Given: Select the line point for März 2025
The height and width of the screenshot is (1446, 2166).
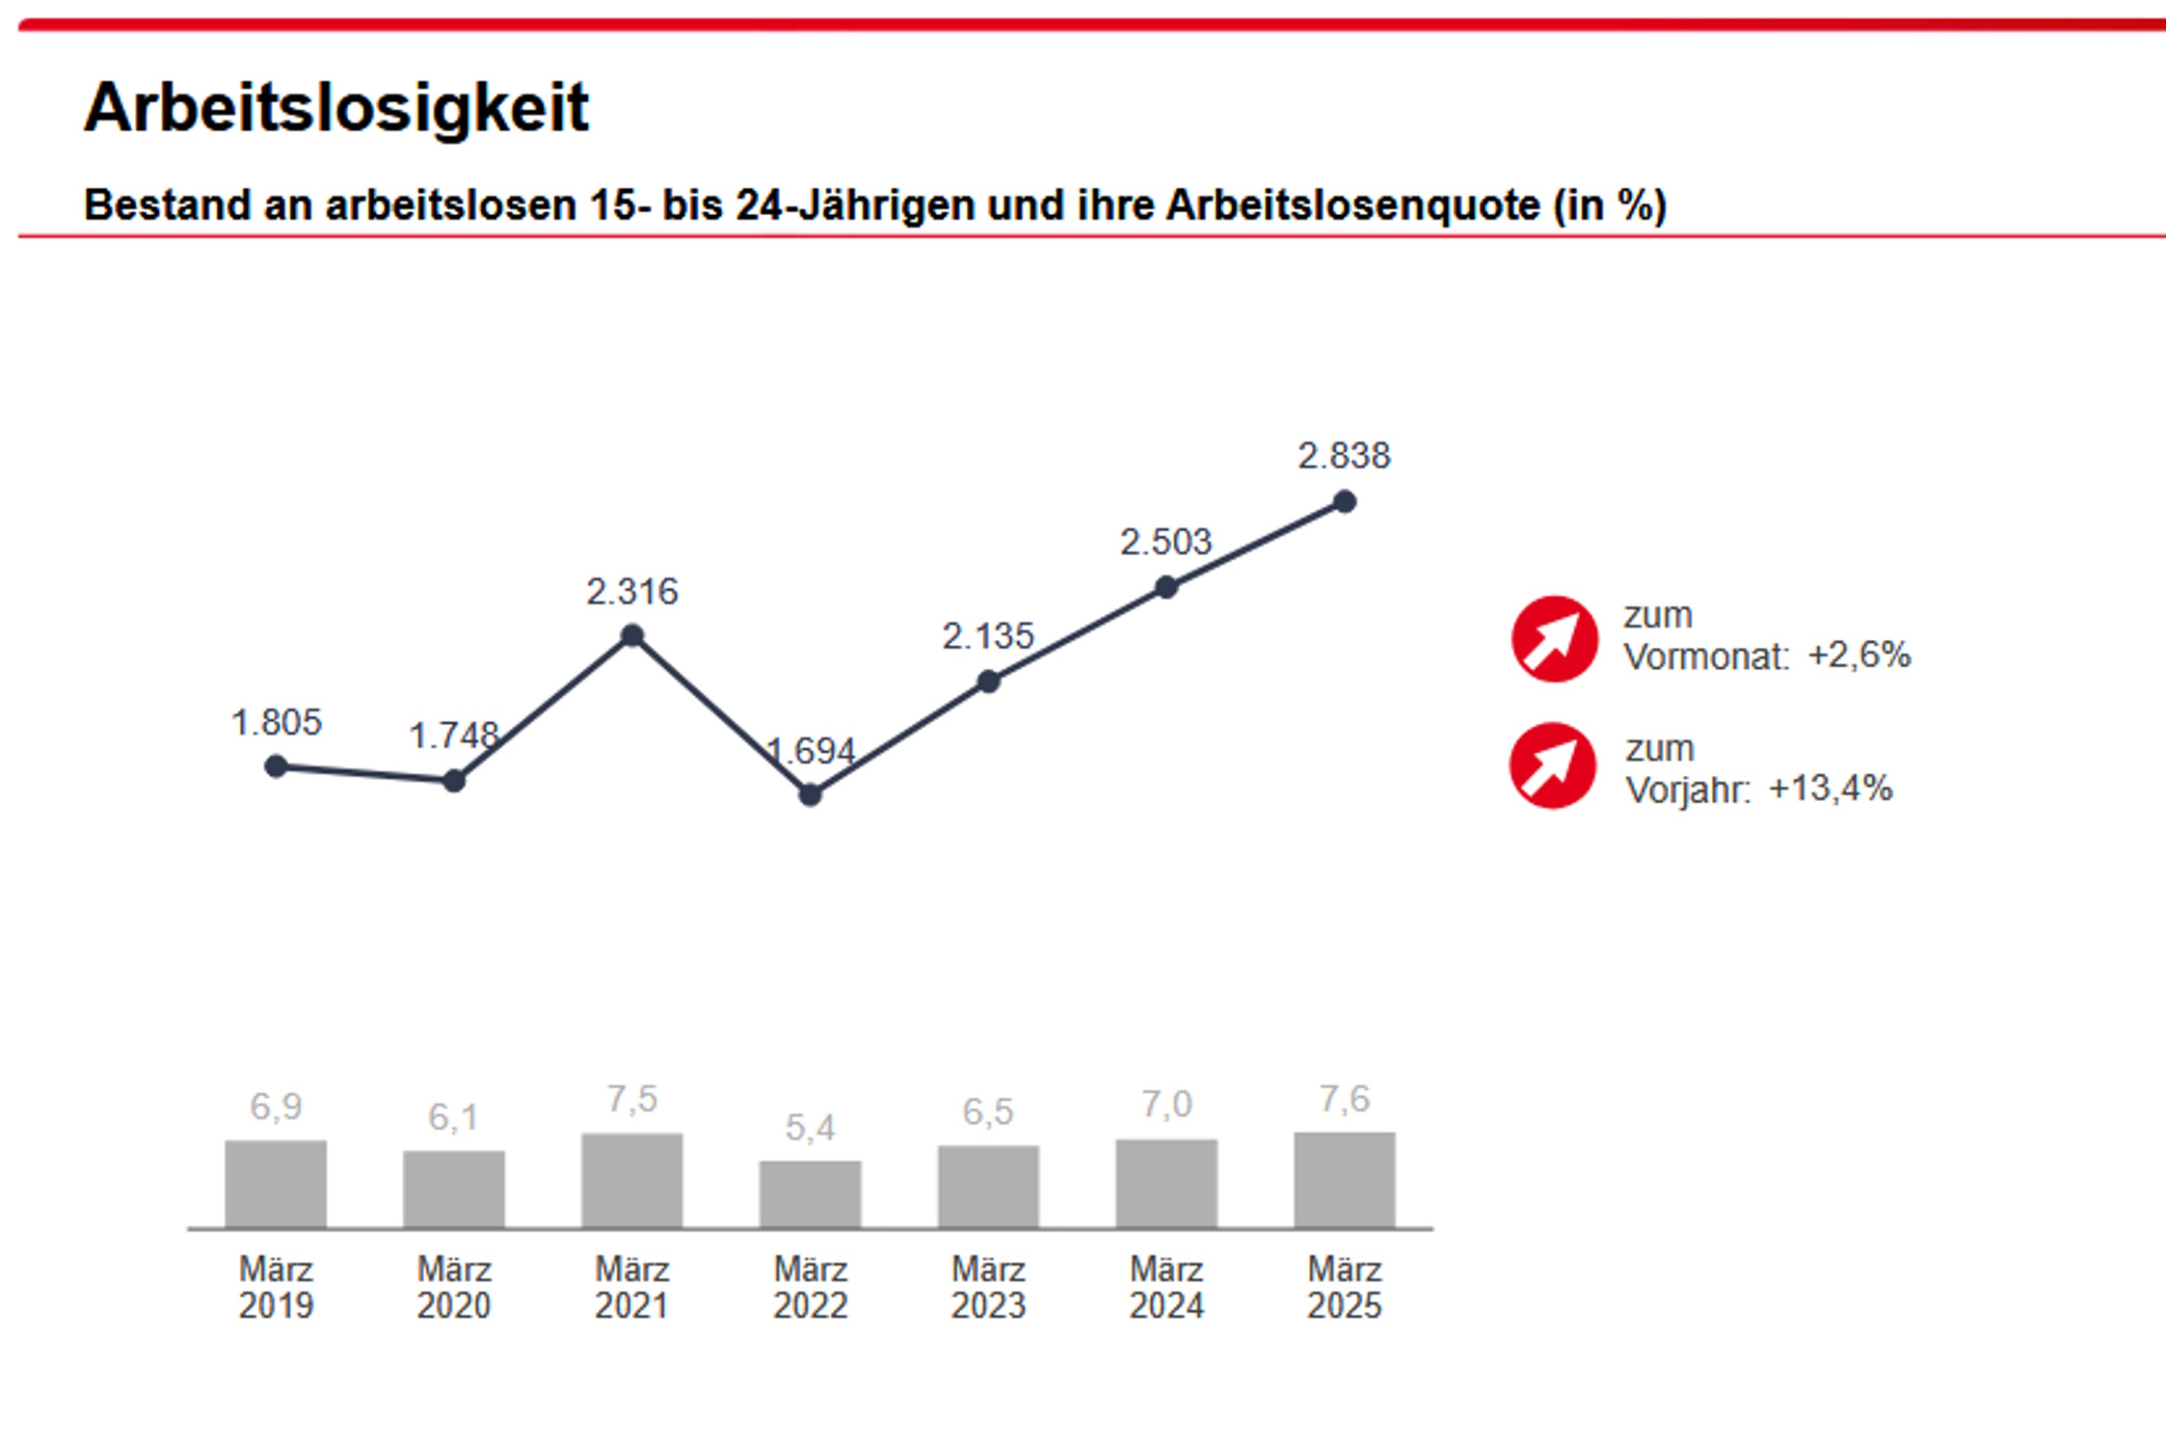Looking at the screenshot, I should [1344, 502].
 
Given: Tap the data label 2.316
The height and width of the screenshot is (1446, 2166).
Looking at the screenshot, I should [631, 591].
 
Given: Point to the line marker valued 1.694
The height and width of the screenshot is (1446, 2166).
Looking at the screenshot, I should [810, 795].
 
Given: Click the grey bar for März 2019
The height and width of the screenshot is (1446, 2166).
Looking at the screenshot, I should [276, 1184].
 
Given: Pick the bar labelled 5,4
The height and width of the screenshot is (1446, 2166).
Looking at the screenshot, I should [810, 1194].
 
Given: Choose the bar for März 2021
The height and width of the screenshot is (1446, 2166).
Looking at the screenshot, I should [631, 1180].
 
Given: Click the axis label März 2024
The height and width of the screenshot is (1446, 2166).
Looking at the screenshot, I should [1166, 1287].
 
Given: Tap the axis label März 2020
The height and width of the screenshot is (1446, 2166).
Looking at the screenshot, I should [454, 1287].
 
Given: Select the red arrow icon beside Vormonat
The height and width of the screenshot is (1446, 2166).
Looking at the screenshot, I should [1554, 639].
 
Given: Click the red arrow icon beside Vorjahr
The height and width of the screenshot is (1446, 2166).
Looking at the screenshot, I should [1552, 765].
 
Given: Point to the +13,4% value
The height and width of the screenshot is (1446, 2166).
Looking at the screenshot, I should [1830, 789].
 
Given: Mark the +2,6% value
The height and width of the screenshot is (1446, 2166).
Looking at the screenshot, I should [1858, 656].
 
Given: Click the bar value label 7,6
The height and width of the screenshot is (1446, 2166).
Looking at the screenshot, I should [1344, 1099].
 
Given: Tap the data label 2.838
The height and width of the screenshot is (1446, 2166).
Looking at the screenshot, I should [1344, 456].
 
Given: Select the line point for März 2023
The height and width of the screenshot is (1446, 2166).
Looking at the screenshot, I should [988, 683].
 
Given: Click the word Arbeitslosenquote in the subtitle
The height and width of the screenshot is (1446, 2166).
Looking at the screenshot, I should [1352, 205].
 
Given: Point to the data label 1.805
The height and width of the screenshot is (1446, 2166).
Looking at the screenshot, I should [276, 722].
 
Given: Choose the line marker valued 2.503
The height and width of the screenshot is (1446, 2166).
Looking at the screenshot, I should [1166, 587].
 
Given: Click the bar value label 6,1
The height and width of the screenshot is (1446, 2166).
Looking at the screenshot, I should [453, 1117].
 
